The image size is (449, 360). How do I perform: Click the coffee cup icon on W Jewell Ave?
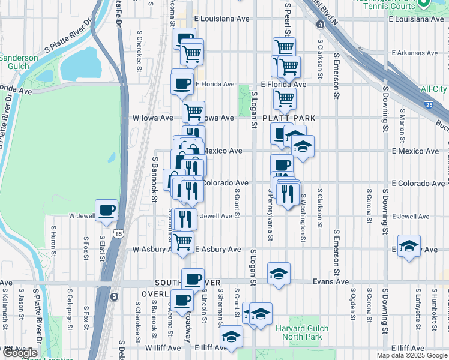(x=106, y=211)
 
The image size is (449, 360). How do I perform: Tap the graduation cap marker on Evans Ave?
(x=279, y=274)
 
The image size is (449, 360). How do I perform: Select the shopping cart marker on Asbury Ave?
(x=183, y=241)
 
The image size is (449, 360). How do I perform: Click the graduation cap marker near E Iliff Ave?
(x=231, y=337)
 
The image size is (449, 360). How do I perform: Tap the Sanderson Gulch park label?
(x=19, y=62)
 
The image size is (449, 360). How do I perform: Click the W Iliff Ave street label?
(x=163, y=348)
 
